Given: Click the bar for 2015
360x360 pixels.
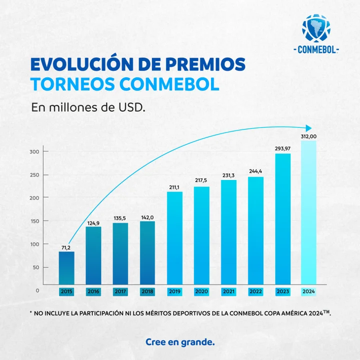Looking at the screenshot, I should tap(67, 268).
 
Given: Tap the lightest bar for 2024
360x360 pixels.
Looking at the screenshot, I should tap(308, 213).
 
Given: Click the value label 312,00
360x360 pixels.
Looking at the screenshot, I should tap(308, 136).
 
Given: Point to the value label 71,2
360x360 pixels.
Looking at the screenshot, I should tap(67, 247).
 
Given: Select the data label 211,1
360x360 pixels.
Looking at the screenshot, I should tap(175, 187).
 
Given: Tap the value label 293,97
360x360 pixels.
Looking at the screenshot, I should tap(282, 148).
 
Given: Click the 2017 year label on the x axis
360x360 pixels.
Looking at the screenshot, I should tap(120, 291).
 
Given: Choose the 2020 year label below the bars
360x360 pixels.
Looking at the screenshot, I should tap(201, 291).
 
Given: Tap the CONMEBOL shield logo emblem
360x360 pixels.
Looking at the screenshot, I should tap(315, 29).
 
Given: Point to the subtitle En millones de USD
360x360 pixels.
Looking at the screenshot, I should tap(88, 108).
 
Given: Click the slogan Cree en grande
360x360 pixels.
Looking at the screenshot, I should tap(180, 341).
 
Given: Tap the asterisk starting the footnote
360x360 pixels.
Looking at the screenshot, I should tap(31, 313).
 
